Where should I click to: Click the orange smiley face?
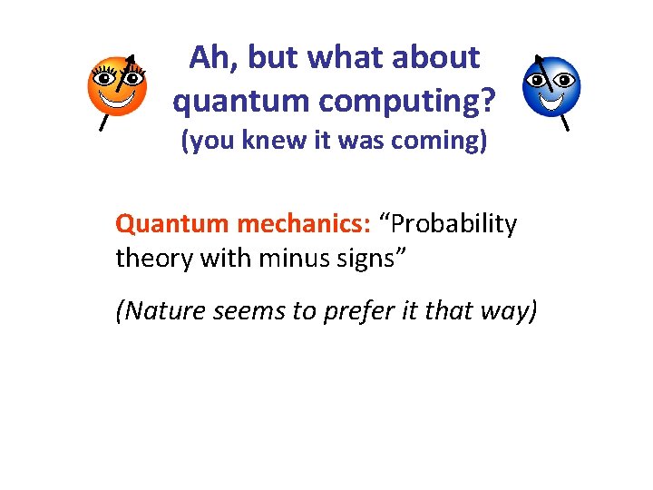click(x=117, y=86)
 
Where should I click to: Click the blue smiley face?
click(x=551, y=86)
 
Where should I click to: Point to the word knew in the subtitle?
click(x=273, y=143)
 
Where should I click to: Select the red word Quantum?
click(x=172, y=224)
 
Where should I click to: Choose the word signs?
click(x=371, y=258)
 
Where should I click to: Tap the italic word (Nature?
click(x=158, y=311)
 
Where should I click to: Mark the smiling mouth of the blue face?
click(x=551, y=98)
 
